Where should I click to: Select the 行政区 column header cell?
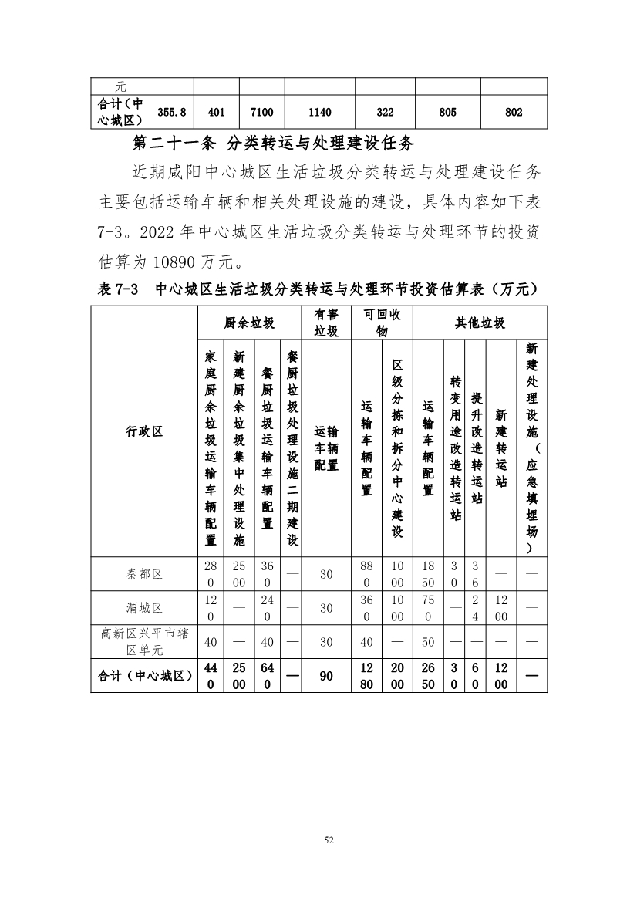[144, 431]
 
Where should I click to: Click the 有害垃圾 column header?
[326, 323]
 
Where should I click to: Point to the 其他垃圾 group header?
[480, 323]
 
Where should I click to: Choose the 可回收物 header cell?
[382, 323]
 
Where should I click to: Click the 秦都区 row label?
[144, 574]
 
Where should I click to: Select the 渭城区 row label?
[144, 608]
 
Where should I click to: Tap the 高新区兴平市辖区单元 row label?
[144, 641]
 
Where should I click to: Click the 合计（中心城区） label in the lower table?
[144, 675]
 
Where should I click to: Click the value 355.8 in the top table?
[172, 113]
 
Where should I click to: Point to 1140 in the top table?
[319, 113]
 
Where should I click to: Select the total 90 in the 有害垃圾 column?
[326, 675]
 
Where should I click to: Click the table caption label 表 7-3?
[117, 289]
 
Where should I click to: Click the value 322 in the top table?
[385, 113]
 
